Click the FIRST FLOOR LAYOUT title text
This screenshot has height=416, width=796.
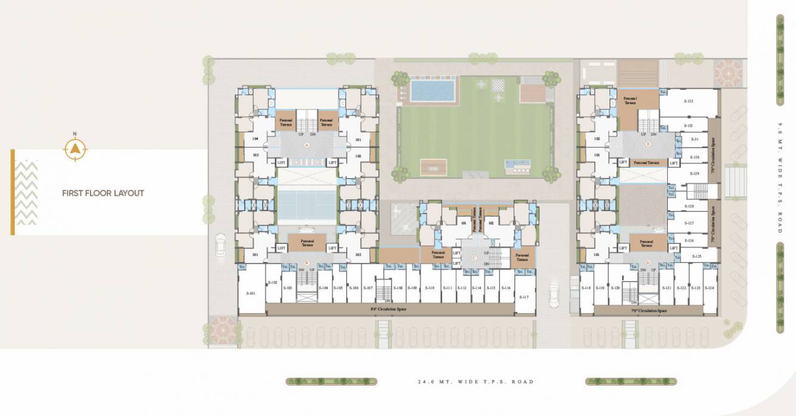pyautogui.click(x=103, y=193)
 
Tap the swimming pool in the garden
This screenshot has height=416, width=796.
pyautogui.click(x=432, y=90)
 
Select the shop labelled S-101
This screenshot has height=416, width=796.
pyautogui.click(x=250, y=293)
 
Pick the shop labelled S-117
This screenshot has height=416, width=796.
pyautogui.click(x=524, y=297)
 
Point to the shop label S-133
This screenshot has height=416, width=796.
pyautogui.click(x=688, y=101)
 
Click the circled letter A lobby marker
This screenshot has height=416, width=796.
pyautogui.click(x=307, y=145)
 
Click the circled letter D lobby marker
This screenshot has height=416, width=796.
pyautogui.click(x=648, y=262)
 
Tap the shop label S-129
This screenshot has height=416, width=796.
pyautogui.click(x=694, y=173)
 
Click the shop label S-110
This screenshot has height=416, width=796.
pyautogui.click(x=429, y=288)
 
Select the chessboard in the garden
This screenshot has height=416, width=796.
pyautogui.click(x=497, y=85)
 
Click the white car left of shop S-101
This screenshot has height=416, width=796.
pyautogui.click(x=221, y=245)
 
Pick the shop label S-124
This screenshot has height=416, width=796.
pyautogui.click(x=709, y=288)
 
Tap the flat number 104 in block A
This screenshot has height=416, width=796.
pyautogui.click(x=256, y=139)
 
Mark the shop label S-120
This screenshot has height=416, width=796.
pyautogui.click(x=615, y=288)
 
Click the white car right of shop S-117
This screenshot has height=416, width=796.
pyautogui.click(x=554, y=295)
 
